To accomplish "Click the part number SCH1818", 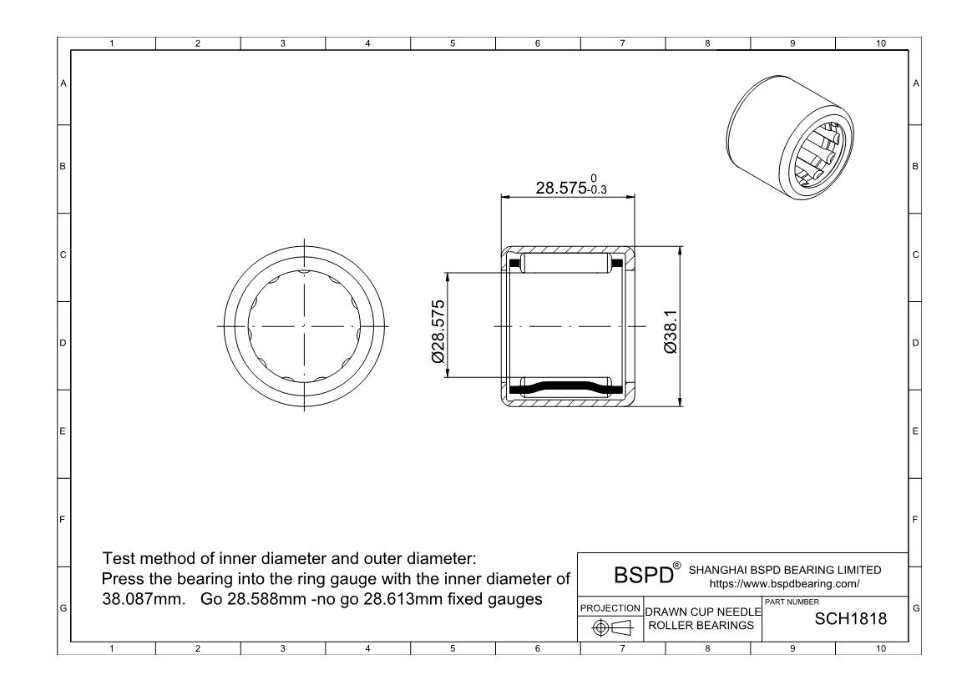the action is pyautogui.click(x=851, y=618).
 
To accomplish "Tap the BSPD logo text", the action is pyautogui.click(x=644, y=574).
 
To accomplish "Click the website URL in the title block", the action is pyautogui.click(x=784, y=584).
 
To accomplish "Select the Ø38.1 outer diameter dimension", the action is pyautogui.click(x=671, y=332).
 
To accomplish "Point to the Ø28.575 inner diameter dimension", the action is pyautogui.click(x=438, y=331).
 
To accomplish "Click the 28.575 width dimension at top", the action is pyautogui.click(x=561, y=188).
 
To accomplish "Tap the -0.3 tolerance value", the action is pyautogui.click(x=597, y=190).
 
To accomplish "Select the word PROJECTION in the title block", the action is pyautogui.click(x=610, y=607).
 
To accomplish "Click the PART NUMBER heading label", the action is pyautogui.click(x=792, y=602).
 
